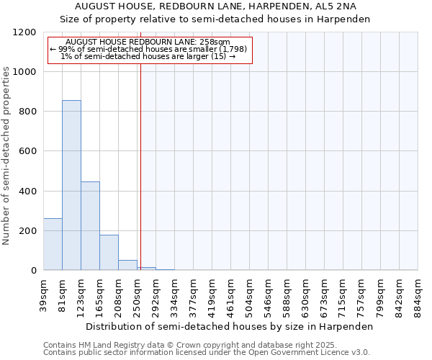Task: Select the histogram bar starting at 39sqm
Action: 53,244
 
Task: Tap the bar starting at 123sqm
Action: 90,225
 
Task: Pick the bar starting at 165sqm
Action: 109,252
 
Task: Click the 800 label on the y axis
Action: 29,112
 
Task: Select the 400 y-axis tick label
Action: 29,192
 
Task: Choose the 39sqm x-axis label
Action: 43,294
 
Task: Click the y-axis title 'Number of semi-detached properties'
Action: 7,151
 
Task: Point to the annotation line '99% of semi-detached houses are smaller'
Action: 148,49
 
